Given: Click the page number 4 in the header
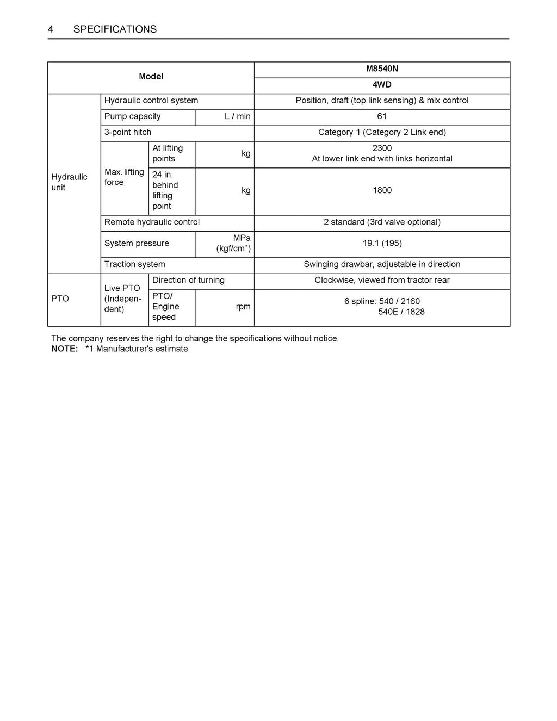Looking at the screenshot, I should tap(51, 29).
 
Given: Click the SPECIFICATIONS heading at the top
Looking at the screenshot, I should tap(115, 29).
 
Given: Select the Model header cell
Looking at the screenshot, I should tap(151, 77).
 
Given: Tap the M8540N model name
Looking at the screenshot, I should tap(382, 69).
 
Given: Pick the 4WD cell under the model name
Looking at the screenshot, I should tap(382, 85).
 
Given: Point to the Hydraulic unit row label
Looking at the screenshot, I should tap(69, 182).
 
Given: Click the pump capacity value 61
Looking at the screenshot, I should tap(382, 116).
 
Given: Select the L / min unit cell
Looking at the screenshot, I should tap(238, 116).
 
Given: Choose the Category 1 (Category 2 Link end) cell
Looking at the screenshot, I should tap(382, 132).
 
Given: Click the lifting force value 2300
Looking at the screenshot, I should tap(382, 148).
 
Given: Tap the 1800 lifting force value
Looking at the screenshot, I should tap(382, 190).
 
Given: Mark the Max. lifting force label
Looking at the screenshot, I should tap(124, 177).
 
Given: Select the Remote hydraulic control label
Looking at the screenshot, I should tap(152, 222).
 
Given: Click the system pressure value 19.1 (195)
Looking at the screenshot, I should tap(382, 243).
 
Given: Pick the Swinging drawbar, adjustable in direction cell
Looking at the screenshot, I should tap(382, 264).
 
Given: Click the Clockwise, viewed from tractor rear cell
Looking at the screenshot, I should tap(382, 280).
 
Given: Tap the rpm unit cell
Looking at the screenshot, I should tap(243, 307).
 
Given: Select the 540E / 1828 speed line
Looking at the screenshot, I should tap(401, 312).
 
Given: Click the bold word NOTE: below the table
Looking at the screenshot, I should tap(65, 349).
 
